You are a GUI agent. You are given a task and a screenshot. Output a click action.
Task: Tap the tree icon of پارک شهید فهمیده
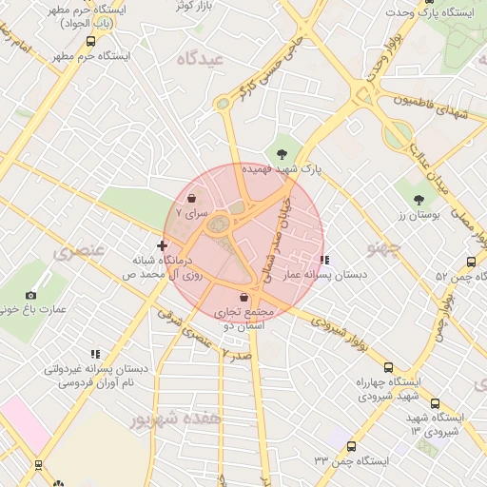tap(282, 153)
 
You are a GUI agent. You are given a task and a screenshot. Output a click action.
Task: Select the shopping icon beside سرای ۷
tap(193, 200)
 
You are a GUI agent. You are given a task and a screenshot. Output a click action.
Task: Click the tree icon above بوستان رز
tap(419, 200)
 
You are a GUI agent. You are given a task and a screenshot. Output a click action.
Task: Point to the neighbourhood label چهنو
tap(386, 248)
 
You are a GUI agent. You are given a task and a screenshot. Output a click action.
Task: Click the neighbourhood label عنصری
tap(78, 252)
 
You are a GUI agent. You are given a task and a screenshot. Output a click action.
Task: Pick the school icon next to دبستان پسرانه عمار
tap(324, 259)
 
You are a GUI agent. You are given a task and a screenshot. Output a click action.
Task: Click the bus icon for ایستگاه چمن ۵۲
tap(471, 263)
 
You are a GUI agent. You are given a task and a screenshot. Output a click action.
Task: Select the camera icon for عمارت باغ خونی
tap(31, 296)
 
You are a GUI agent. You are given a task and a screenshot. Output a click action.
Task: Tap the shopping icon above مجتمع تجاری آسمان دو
tap(244, 298)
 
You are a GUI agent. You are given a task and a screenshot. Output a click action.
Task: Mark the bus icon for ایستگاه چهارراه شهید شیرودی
tap(387, 367)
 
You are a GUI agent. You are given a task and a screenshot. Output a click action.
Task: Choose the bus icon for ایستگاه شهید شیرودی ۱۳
tap(435, 403)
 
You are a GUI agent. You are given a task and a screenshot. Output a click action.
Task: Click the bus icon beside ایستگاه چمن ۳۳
tap(352, 446)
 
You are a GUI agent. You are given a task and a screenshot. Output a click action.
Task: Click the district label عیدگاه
tap(199, 59)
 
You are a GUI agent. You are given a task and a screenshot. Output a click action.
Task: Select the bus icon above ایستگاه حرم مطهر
tap(90, 42)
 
